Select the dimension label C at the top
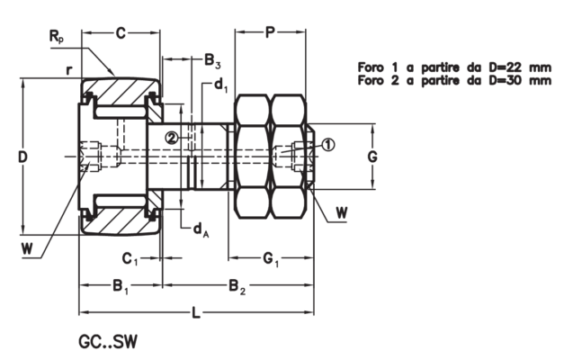tap(121, 33)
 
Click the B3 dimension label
tap(211, 62)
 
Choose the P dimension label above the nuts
tap(270, 33)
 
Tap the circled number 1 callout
tap(327, 144)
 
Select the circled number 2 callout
tap(171, 138)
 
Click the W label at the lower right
tap(342, 213)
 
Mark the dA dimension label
tap(200, 229)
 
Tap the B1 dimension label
tap(121, 288)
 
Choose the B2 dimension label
tap(237, 288)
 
